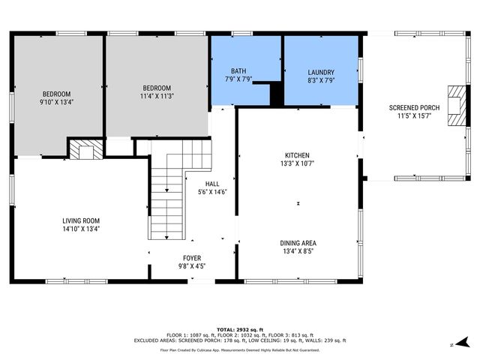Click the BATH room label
238,71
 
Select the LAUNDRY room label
321,71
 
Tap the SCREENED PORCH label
413,108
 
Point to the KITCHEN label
298,155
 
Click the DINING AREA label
298,242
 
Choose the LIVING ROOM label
81,220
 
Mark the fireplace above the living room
85,148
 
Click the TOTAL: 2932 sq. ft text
240,329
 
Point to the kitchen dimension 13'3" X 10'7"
298,163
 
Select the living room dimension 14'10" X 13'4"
81,229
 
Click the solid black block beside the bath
276,94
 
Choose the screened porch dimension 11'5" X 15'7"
413,116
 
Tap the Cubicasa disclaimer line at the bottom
240,349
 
